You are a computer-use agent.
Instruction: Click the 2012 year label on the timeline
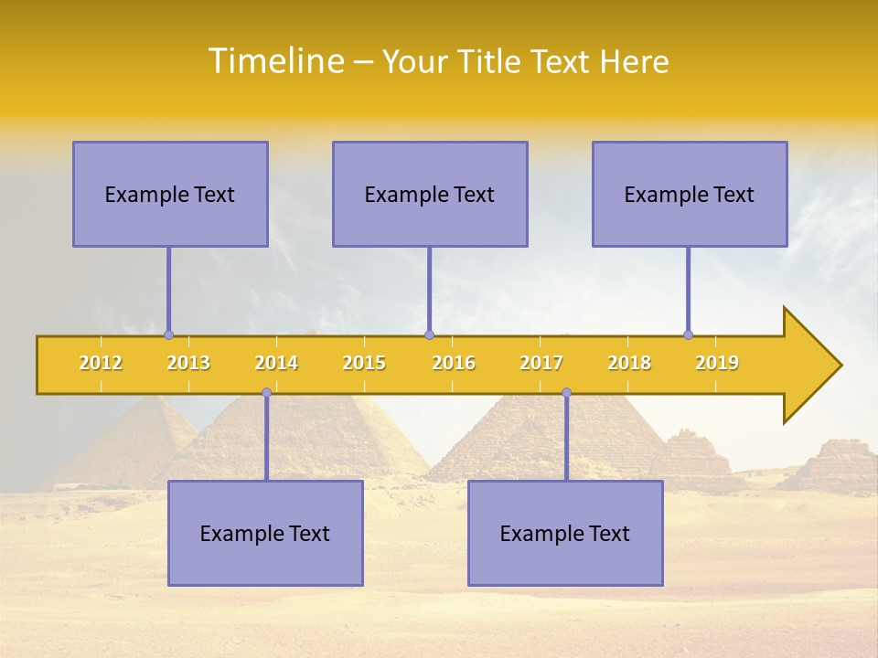(x=101, y=363)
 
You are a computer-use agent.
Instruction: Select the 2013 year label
(x=188, y=363)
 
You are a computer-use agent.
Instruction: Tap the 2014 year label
(x=276, y=363)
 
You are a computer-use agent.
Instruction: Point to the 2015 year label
(x=364, y=363)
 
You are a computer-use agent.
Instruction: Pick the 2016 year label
(x=454, y=363)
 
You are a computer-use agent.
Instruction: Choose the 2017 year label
(x=541, y=363)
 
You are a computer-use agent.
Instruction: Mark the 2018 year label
(x=629, y=363)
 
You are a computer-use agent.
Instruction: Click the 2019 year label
(x=717, y=363)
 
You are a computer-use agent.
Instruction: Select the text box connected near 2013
(x=170, y=194)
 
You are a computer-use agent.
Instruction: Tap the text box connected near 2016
(x=430, y=194)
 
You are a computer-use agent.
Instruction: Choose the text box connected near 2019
(x=690, y=194)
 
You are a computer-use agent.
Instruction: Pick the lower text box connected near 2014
(x=265, y=533)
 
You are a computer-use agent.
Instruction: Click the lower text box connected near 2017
(x=565, y=533)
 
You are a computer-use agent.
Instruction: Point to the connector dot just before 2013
(x=168, y=335)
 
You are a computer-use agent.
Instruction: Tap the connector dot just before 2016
(x=429, y=335)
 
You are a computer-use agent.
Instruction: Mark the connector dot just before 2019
(x=689, y=335)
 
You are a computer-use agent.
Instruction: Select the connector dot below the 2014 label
(x=266, y=393)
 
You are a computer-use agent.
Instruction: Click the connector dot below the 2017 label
(x=566, y=393)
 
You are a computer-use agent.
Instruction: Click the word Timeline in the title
(x=275, y=61)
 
